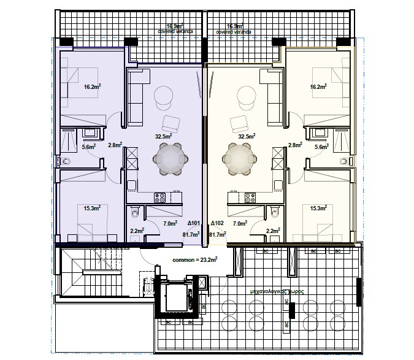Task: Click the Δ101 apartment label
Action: [x=193, y=224]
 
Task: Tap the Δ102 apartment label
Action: [x=218, y=224]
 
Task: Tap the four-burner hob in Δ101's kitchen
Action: [x=160, y=198]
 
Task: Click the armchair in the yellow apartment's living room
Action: [x=237, y=123]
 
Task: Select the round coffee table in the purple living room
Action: [x=164, y=96]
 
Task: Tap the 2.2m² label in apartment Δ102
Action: [x=273, y=231]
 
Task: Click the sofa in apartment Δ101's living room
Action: [x=136, y=95]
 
